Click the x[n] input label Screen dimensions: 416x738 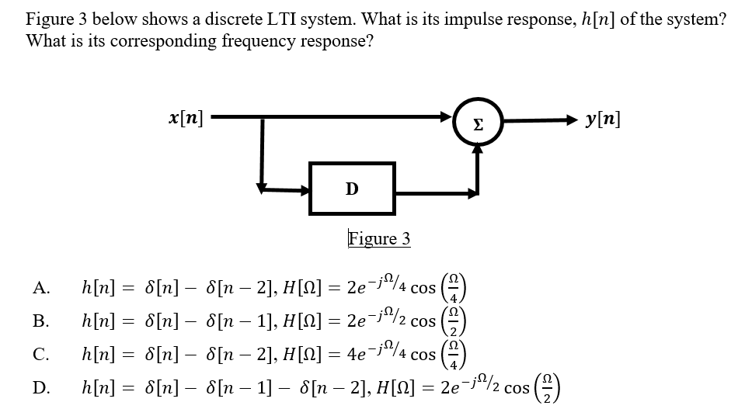[186, 119]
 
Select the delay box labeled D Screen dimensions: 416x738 [352, 189]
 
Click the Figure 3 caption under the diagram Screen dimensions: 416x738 [379, 238]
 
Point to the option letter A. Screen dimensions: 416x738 [41, 289]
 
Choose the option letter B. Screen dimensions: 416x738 [40, 319]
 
